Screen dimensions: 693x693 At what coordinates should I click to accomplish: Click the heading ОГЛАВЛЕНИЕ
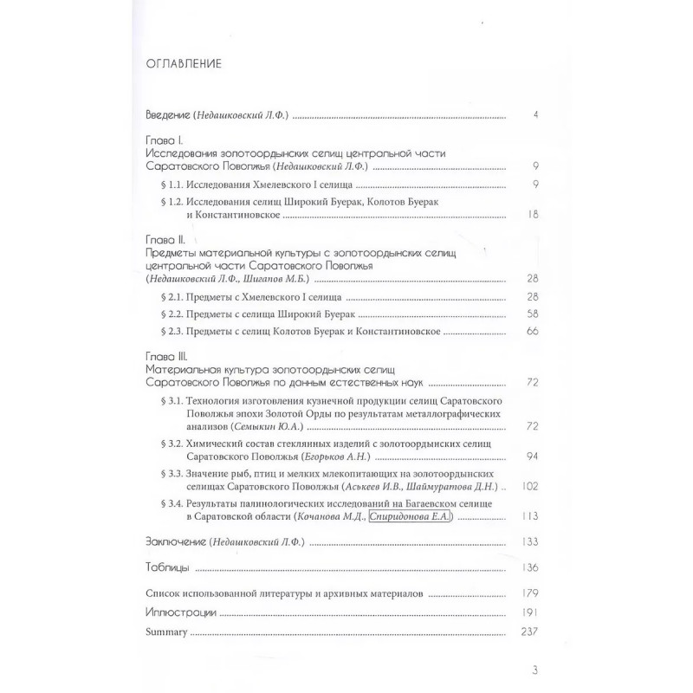point(182,63)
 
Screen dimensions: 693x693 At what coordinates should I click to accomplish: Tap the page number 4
point(537,114)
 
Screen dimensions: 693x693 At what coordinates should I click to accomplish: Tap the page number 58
point(534,316)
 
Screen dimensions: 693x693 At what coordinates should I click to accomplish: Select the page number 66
point(534,334)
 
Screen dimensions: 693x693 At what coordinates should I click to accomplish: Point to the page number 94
point(534,457)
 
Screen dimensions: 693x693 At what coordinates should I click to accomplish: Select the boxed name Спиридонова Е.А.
point(412,518)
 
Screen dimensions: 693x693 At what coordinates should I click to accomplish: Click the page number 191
point(531,612)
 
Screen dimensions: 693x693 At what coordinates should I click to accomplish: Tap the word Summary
point(166,631)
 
